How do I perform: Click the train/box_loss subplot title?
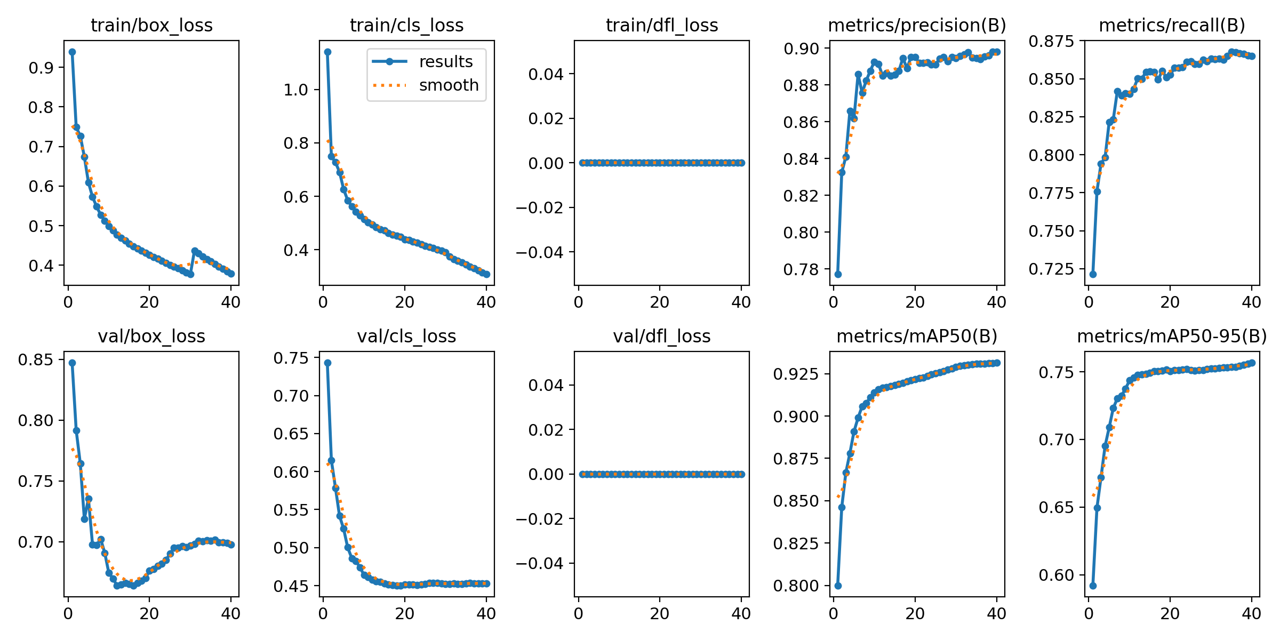click(151, 25)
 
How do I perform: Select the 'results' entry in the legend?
click(446, 62)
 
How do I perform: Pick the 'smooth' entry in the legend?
click(449, 85)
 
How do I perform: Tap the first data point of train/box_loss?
click(72, 52)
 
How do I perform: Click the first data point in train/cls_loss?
click(327, 52)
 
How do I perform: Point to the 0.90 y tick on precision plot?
click(801, 49)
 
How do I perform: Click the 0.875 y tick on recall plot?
click(1051, 41)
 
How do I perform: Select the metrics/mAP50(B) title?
click(917, 337)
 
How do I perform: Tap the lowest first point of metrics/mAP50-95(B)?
click(1093, 586)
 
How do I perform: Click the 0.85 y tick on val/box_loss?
click(36, 359)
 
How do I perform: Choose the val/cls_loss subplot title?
click(406, 337)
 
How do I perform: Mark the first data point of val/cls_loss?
click(327, 363)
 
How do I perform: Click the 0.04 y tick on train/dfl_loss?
click(546, 74)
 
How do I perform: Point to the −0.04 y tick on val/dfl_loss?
click(539, 563)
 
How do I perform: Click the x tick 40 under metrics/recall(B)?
click(1251, 302)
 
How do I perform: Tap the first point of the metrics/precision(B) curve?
click(838, 274)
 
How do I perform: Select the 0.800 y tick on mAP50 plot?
click(795, 586)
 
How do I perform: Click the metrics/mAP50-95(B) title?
click(1172, 337)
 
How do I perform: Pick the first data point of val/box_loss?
click(72, 363)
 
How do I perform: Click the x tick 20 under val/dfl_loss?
click(660, 614)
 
